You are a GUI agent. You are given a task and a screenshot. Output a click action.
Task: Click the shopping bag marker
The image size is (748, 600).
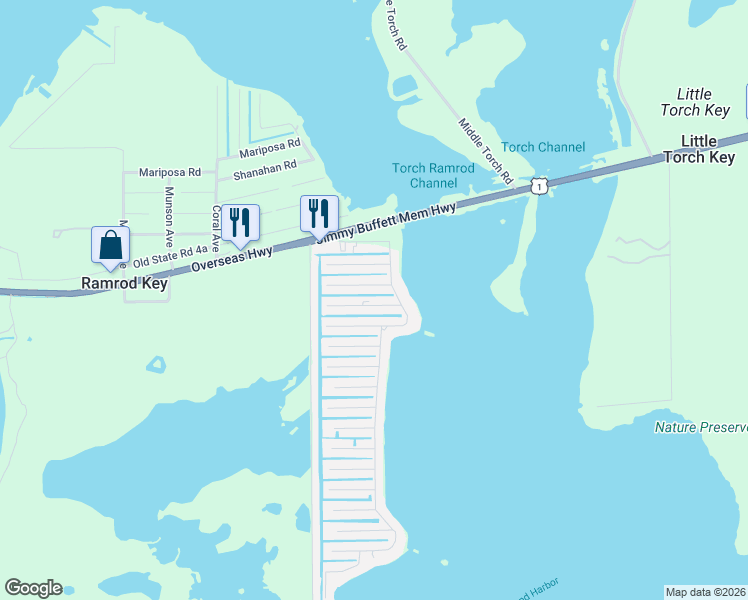tap(110, 245)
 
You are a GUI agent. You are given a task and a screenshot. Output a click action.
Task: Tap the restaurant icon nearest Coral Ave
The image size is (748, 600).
tap(240, 222)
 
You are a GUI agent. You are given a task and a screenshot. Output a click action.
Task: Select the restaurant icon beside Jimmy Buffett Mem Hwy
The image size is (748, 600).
tap(319, 214)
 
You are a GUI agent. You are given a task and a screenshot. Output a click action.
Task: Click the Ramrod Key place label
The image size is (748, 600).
tap(124, 284)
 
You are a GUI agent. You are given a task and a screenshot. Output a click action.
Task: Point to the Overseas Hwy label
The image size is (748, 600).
tap(232, 257)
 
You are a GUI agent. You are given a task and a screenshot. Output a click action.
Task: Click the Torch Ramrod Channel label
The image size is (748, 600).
tap(433, 176)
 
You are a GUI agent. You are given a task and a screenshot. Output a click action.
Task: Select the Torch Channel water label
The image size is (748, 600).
tap(543, 147)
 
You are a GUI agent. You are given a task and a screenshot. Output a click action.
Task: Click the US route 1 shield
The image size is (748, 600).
tap(540, 186)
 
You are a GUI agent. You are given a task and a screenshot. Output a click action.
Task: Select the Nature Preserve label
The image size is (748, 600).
tap(700, 428)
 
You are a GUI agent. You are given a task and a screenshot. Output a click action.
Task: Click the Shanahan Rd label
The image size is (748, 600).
tap(265, 170)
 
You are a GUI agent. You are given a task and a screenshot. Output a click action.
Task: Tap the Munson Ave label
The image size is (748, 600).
tap(170, 211)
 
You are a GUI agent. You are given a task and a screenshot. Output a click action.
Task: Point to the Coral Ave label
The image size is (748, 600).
tap(215, 229)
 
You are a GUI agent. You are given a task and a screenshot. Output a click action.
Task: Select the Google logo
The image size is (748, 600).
tap(33, 588)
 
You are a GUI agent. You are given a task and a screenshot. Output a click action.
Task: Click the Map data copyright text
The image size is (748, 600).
tap(706, 592)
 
